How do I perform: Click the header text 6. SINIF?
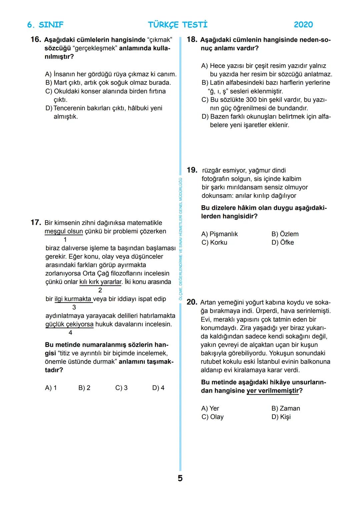point(45,25)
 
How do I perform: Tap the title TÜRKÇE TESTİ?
point(177,25)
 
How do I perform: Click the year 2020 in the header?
point(303,25)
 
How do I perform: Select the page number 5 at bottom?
point(180,478)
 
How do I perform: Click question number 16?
point(35,40)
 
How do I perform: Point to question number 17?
point(35,223)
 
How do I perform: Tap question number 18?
point(192,40)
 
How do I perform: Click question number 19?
point(192,170)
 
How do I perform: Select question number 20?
point(192,302)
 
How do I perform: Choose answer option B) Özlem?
point(285,234)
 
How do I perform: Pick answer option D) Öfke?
point(282,243)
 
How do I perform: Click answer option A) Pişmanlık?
point(219,234)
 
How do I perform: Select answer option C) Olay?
point(212,417)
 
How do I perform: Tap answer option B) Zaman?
point(285,408)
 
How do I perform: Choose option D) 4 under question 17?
point(158,388)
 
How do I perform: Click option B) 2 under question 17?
point(84,388)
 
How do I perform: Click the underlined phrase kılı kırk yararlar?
point(101,282)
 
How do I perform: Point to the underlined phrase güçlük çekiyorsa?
point(69,324)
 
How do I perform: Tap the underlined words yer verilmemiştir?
point(272,390)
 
